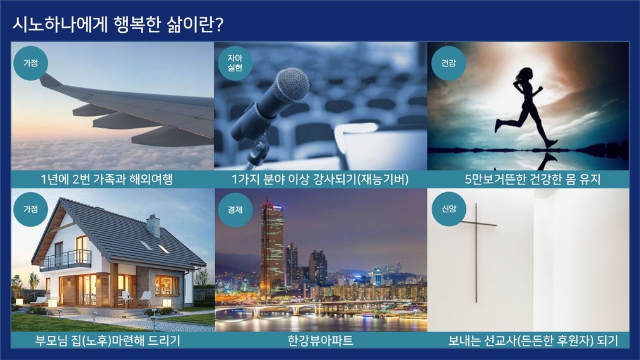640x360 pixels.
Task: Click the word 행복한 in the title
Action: tap(138, 25)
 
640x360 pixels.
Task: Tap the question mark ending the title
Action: tap(219, 25)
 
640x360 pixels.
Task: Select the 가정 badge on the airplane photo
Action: tap(31, 63)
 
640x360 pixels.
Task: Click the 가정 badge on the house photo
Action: tap(31, 209)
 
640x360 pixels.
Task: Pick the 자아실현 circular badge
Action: tap(235, 63)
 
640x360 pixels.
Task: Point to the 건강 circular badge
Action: tap(449, 63)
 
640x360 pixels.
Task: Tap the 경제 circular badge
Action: tap(235, 210)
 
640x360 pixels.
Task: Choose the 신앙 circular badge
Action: tap(449, 209)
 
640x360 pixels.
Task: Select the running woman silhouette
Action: tap(526, 108)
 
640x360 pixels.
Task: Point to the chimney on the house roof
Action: tap(153, 225)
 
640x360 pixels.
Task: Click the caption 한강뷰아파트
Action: tap(321, 340)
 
